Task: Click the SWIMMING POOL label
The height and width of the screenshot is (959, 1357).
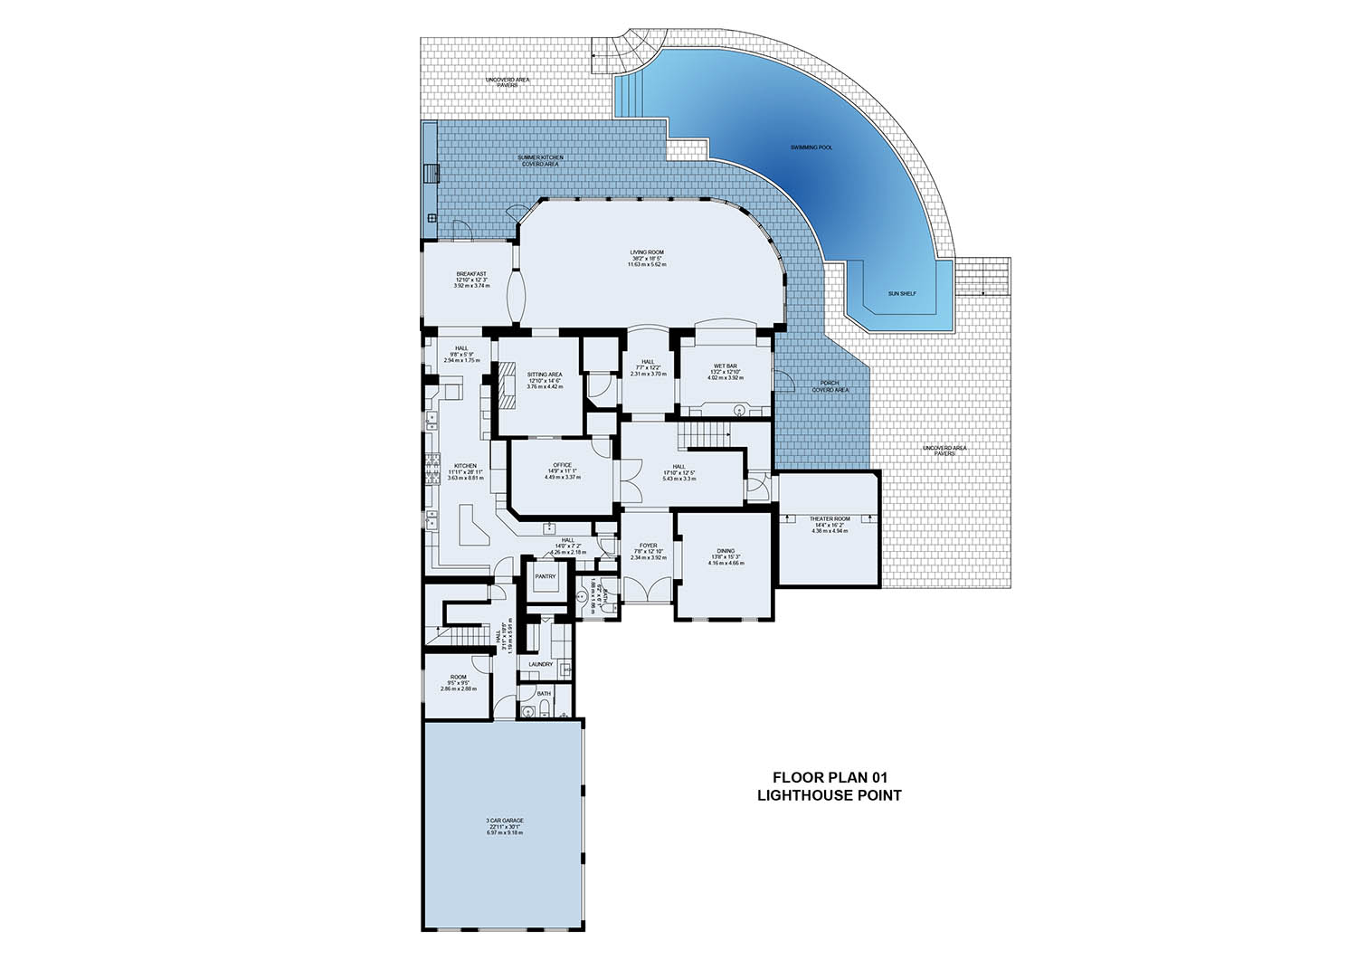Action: point(811,146)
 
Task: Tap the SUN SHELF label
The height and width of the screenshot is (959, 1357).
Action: point(901,293)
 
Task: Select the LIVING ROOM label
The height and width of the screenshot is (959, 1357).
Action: point(647,252)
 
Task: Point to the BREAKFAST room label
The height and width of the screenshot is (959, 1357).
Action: point(471,274)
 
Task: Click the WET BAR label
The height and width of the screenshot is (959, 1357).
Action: point(725,366)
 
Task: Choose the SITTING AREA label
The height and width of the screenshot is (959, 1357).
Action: point(545,375)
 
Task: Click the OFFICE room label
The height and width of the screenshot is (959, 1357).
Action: point(562,465)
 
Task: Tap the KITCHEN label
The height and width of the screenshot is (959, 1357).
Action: point(465,467)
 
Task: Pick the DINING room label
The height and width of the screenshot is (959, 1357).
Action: point(726,550)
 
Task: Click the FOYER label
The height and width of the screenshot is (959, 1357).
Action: point(648,546)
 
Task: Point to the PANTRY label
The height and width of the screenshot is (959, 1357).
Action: point(545,576)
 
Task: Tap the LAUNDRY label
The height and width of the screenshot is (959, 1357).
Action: point(540,665)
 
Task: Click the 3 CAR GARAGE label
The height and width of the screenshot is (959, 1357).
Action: point(505,821)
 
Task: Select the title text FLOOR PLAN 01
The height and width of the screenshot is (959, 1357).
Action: point(830,777)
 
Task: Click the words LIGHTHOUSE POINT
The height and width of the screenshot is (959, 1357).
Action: point(830,796)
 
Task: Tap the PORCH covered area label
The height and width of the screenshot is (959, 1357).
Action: point(830,384)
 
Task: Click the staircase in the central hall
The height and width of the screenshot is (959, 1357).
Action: point(707,436)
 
